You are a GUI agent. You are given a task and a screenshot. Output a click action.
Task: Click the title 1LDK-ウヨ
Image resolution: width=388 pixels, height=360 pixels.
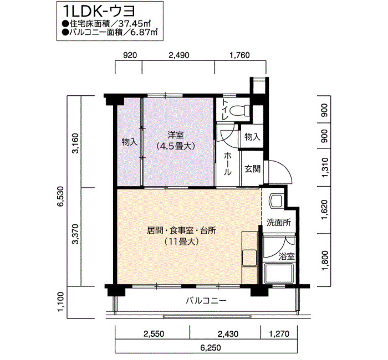click(x=99, y=12)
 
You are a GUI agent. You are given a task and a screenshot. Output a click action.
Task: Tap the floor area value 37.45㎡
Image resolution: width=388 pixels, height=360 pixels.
click(x=135, y=24)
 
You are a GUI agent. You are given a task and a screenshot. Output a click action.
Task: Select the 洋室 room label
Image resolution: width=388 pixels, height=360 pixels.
click(x=176, y=136)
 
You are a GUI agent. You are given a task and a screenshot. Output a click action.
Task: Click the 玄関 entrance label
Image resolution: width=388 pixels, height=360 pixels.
click(x=252, y=169)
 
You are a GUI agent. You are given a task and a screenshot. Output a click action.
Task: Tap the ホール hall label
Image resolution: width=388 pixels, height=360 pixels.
click(x=228, y=164)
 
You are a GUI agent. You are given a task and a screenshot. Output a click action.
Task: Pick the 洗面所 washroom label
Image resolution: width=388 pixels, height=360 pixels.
click(x=279, y=223)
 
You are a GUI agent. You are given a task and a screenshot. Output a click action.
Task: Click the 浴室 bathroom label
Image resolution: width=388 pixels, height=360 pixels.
click(x=287, y=256)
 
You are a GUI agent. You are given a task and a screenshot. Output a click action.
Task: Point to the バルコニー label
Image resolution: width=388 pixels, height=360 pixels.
click(x=206, y=301)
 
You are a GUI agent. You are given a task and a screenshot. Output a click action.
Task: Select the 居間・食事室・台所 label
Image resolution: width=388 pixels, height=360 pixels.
click(x=181, y=231)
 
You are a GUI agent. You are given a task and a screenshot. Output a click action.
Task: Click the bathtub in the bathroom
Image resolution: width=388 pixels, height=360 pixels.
click(x=279, y=274)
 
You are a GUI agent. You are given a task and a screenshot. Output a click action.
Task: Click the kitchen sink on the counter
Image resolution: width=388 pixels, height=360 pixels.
click(x=249, y=258)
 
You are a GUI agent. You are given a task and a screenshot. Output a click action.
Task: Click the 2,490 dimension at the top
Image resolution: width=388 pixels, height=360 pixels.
click(x=178, y=55)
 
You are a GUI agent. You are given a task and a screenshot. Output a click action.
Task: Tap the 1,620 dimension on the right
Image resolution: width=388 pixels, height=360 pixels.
click(x=325, y=210)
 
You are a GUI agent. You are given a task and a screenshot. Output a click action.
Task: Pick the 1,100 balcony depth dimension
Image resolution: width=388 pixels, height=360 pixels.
click(x=60, y=302)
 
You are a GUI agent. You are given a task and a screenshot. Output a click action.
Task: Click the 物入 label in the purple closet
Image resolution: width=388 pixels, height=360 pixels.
click(x=130, y=142)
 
